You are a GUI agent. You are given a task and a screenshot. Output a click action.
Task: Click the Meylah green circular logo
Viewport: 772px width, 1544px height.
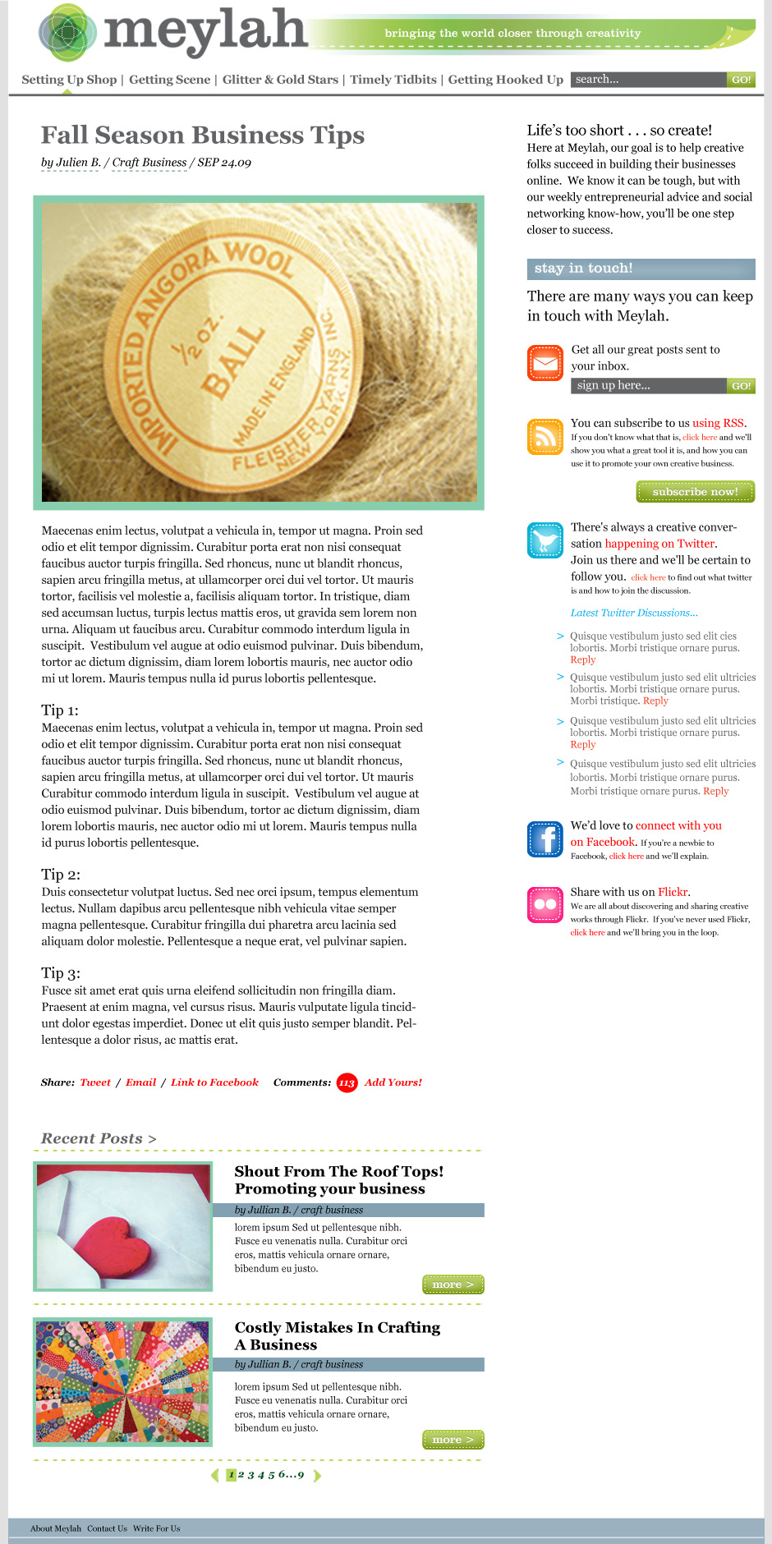point(67,33)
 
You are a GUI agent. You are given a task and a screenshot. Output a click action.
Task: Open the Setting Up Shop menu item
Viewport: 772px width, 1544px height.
point(69,80)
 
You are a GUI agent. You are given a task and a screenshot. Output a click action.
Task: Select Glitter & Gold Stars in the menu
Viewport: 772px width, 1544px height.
point(280,80)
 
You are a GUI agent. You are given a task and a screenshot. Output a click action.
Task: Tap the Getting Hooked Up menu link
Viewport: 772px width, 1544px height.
point(505,80)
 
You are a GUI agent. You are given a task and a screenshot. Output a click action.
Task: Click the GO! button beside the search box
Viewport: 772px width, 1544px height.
point(741,80)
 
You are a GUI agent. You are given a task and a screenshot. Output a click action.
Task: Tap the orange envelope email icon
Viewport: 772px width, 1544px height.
point(545,363)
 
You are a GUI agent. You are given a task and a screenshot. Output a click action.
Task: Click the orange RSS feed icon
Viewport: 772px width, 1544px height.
point(545,436)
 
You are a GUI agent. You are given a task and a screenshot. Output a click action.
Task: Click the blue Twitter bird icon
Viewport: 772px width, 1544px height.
point(545,540)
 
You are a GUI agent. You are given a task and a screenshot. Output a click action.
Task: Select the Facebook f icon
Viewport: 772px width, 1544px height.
point(545,839)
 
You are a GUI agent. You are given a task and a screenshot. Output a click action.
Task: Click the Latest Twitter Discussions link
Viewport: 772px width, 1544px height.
point(634,613)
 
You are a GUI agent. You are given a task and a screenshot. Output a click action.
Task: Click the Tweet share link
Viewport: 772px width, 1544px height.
point(95,1082)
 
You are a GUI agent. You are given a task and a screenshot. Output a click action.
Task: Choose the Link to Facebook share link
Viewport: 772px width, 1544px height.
point(214,1082)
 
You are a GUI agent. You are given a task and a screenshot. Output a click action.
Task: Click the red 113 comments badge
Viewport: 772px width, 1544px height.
point(347,1083)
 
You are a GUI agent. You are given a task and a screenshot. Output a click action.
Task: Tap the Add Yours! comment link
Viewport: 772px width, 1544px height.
point(393,1082)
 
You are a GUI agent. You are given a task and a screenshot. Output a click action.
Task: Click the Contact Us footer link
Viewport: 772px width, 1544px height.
point(107,1528)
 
